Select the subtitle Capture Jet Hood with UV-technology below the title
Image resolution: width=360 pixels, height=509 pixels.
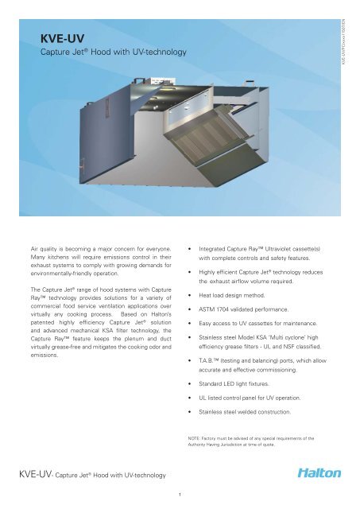click(x=113, y=52)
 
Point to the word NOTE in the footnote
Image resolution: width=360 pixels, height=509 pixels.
click(x=206, y=437)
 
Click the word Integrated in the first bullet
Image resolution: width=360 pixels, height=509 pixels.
click(x=217, y=236)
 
